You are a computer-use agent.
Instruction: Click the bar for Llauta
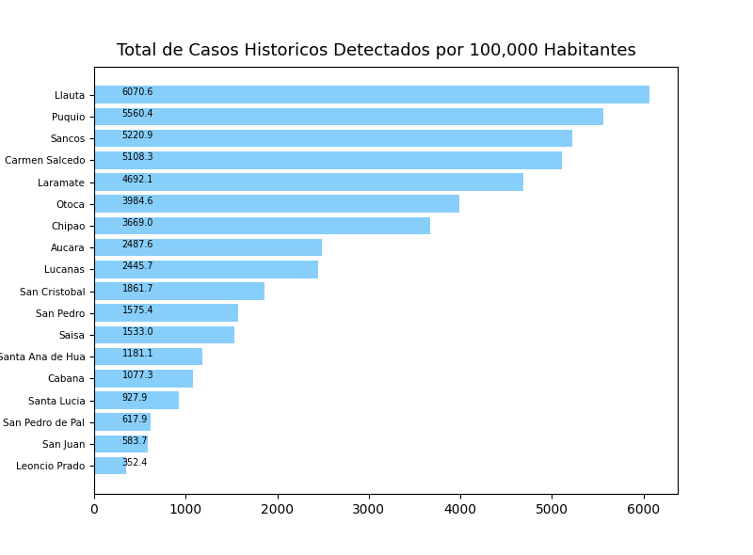point(372,95)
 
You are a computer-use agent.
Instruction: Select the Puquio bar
point(348,117)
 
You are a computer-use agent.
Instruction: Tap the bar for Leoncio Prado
point(110,466)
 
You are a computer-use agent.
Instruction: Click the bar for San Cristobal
point(179,292)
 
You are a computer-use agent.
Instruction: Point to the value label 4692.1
point(137,180)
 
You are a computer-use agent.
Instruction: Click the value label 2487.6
point(137,245)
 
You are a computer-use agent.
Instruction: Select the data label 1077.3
point(137,375)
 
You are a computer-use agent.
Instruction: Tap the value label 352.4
point(135,463)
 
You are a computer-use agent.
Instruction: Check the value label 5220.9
point(137,135)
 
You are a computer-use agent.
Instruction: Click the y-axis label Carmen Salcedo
point(45,161)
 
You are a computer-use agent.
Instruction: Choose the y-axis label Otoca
point(71,204)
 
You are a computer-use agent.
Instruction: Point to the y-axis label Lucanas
point(65,270)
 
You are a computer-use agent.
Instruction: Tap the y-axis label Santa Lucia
point(56,401)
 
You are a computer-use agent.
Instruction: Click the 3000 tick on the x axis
point(369,510)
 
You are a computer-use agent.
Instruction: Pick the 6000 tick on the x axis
point(644,510)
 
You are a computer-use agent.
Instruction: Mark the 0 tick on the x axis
point(94,510)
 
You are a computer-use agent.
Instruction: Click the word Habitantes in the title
point(584,51)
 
